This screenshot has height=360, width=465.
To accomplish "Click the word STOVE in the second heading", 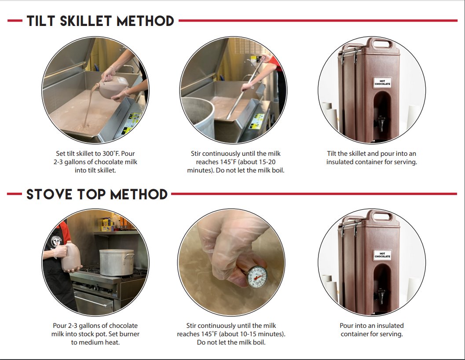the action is tap(49, 195).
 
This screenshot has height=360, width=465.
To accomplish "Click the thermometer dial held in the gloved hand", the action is tap(257, 277).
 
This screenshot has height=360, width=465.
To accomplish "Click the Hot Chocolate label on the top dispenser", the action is tap(382, 82).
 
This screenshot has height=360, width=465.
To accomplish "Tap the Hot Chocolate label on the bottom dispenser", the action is tap(382, 255).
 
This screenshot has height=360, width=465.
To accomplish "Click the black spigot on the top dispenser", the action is tap(381, 123).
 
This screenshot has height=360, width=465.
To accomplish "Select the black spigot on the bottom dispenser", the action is tap(381, 296).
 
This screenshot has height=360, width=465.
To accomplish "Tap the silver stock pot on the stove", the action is tap(116, 262).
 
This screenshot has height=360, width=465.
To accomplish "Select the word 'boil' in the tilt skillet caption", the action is tap(278, 170).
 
